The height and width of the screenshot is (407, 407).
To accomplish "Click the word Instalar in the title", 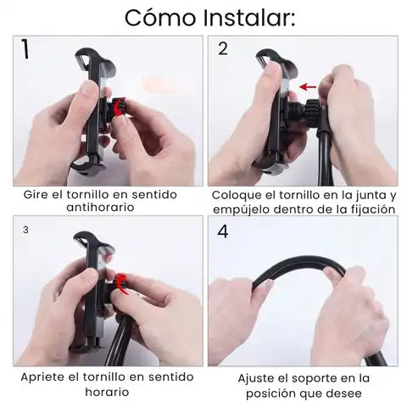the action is point(249,18).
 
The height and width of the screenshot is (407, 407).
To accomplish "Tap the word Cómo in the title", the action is point(160,18).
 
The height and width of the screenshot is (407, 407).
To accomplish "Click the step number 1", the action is point(25,49).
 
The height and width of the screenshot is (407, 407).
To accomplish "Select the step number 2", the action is point(223,49).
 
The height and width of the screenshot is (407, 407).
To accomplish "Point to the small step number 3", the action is point(25,230).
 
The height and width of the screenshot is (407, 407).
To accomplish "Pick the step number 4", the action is point(223,231).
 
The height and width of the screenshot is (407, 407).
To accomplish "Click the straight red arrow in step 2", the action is point(308,86).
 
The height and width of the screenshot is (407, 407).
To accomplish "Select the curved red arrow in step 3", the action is point(122,283).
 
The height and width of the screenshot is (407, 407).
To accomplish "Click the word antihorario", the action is point(100,207).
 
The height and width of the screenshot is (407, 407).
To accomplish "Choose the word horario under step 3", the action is point(107,392).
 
